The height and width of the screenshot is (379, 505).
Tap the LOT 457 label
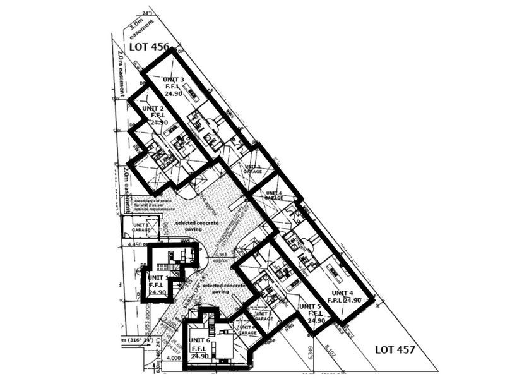(395, 349)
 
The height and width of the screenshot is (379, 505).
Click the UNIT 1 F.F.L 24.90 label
(158, 285)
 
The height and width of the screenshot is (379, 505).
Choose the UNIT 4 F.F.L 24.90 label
(345, 297)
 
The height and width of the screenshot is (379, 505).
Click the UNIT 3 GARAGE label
(254, 169)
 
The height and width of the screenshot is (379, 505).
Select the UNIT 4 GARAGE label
(273, 195)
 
